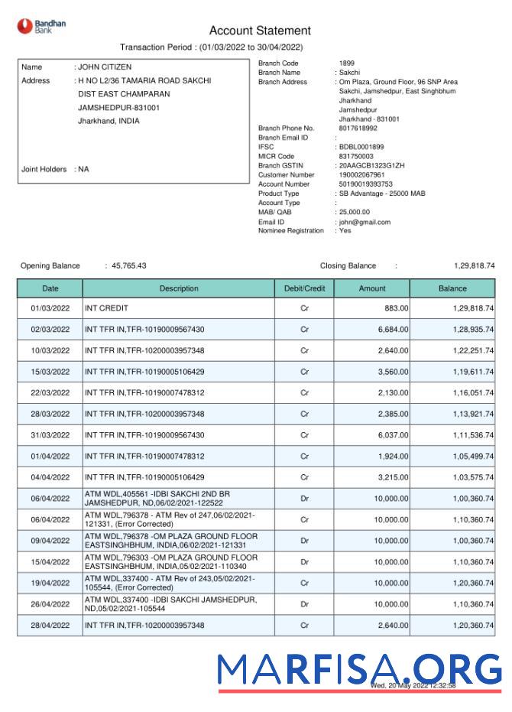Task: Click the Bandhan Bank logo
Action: pyautogui.click(x=42, y=26)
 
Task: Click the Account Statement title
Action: pyautogui.click(x=260, y=31)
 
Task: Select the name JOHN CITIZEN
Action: pyautogui.click(x=105, y=67)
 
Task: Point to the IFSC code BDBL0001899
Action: pyautogui.click(x=361, y=147)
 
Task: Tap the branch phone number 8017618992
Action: pyautogui.click(x=358, y=128)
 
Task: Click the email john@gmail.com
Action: pyautogui.click(x=365, y=222)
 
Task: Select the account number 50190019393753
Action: pyautogui.click(x=366, y=184)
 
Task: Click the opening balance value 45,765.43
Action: pyautogui.click(x=128, y=266)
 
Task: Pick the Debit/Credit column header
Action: pyautogui.click(x=304, y=289)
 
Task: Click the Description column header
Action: pyautogui.click(x=179, y=289)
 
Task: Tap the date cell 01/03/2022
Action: pyautogui.click(x=50, y=308)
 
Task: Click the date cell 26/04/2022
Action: pyautogui.click(x=50, y=604)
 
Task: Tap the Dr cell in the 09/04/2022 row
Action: pyautogui.click(x=304, y=541)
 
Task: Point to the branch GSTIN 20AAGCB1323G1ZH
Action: pyautogui.click(x=372, y=166)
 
